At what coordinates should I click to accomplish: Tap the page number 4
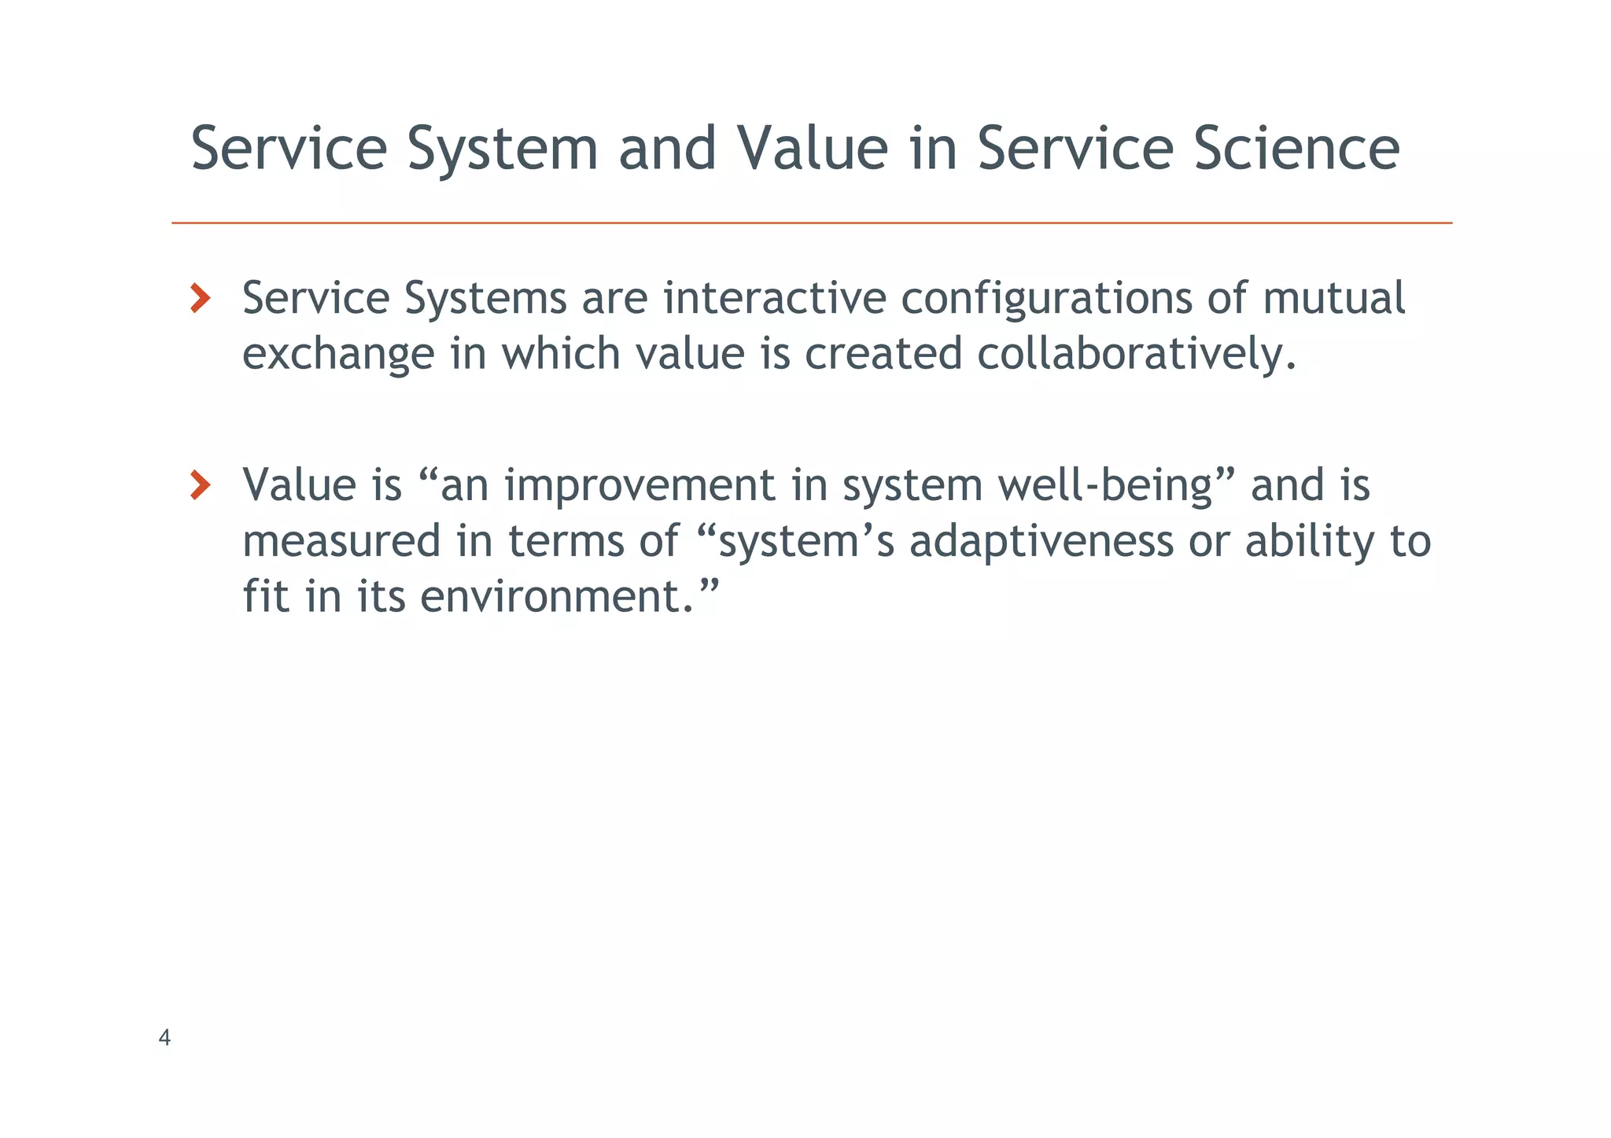tap(164, 1038)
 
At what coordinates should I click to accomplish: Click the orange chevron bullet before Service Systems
tap(201, 299)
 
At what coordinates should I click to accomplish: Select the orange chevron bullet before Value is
tap(201, 485)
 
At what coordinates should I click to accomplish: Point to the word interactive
tap(774, 298)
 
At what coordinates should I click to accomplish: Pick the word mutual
tap(1333, 298)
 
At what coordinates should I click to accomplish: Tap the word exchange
tap(338, 355)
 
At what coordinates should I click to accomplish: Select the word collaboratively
tap(1136, 354)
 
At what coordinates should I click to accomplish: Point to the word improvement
tap(640, 485)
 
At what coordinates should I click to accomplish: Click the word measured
tap(341, 541)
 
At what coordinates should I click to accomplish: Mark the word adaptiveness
tap(1041, 541)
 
